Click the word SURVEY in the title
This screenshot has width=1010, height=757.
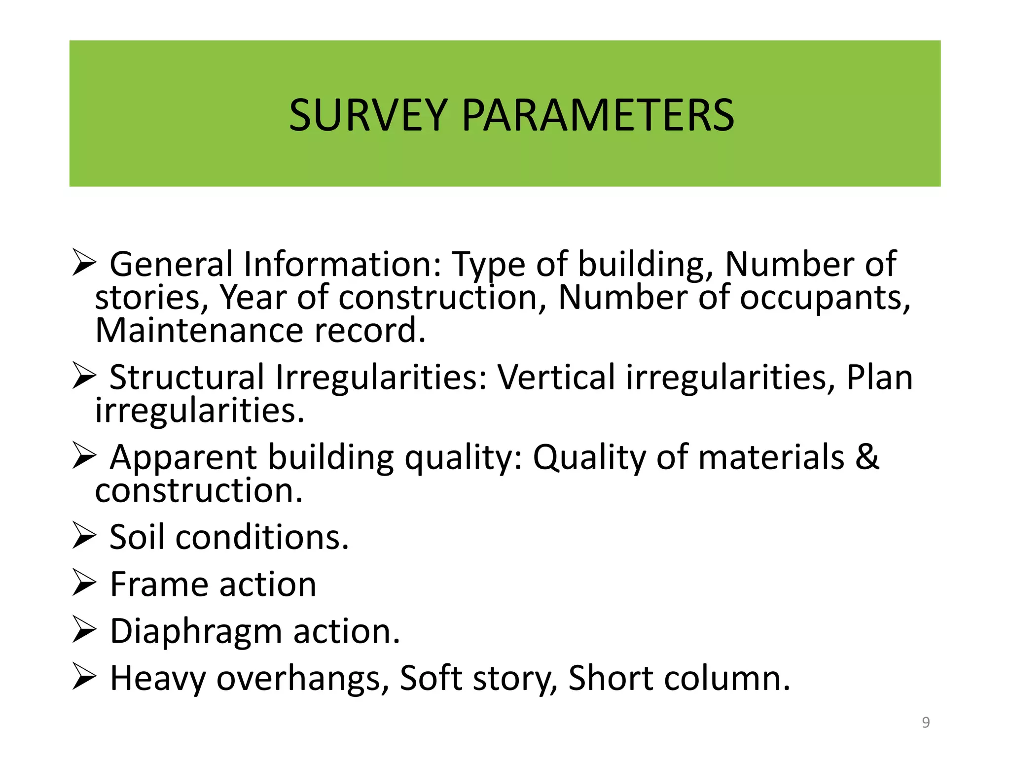[x=368, y=115]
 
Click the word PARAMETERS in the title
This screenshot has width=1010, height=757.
[x=598, y=115]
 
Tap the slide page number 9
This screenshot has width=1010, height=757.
[x=926, y=723]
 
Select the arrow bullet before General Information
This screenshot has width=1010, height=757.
[x=84, y=262]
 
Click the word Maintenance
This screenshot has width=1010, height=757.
[x=199, y=330]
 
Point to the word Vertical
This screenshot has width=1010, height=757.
[x=556, y=377]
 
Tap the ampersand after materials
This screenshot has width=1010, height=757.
[x=867, y=457]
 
